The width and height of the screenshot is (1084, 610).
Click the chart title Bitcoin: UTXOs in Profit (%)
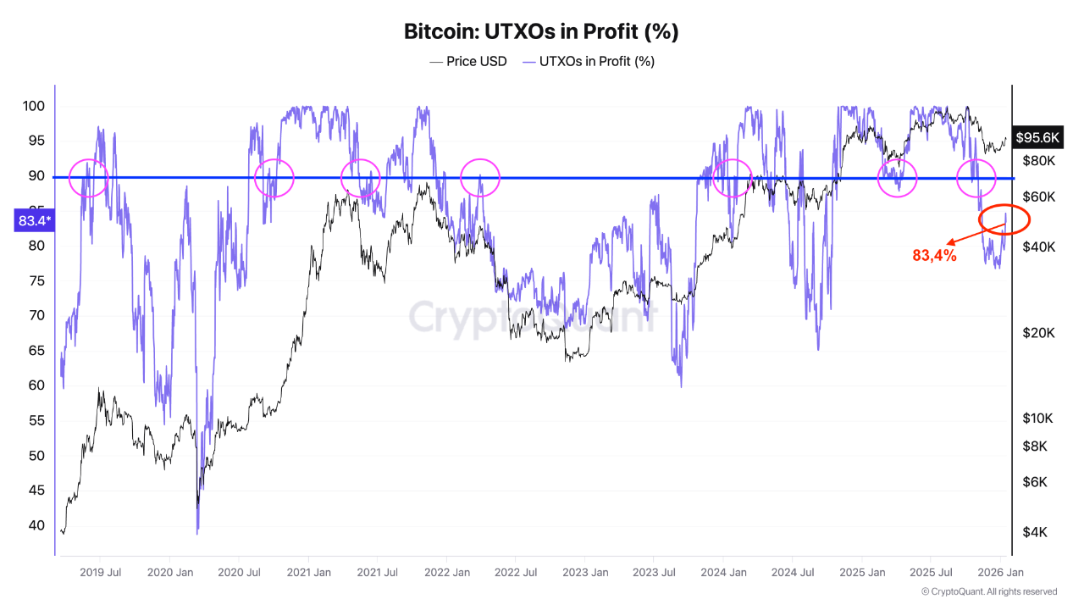[541, 31]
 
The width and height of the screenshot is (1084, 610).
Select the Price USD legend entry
[468, 61]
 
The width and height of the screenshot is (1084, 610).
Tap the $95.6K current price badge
[1038, 137]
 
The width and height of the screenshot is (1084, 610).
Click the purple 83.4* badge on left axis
[35, 221]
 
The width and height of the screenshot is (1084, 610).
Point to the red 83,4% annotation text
[934, 255]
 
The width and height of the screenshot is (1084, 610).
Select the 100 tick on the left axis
[34, 107]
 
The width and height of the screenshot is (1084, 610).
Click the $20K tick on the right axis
[1038, 333]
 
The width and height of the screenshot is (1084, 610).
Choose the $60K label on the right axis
[1038, 197]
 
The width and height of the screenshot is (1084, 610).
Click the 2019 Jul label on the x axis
[100, 573]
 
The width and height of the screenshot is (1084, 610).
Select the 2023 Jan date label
[585, 573]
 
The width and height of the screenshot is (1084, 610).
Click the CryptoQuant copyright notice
[988, 591]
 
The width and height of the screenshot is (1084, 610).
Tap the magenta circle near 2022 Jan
[480, 178]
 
